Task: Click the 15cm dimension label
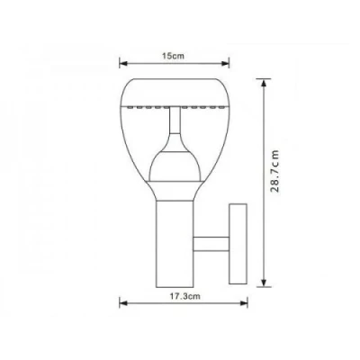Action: pyautogui.click(x=166, y=55)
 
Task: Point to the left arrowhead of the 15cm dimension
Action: pyautogui.click(x=123, y=63)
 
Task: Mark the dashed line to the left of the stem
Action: pyautogui.click(x=144, y=109)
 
